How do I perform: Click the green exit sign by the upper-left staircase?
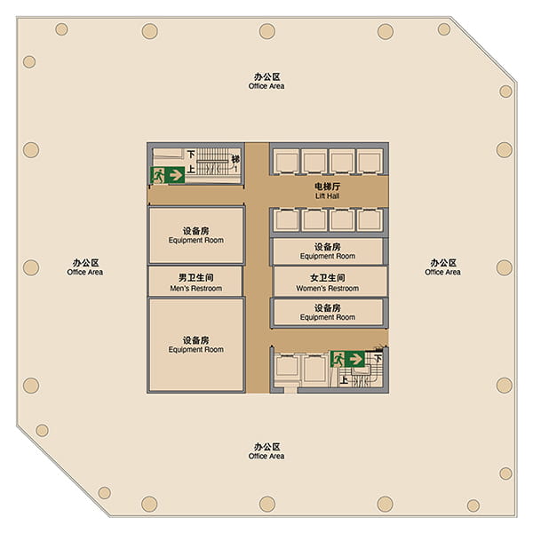click(167, 175)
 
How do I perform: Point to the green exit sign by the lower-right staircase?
click(347, 359)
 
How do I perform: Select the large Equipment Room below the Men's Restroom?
click(196, 345)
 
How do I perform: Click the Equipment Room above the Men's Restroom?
click(196, 235)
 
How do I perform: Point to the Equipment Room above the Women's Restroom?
click(328, 251)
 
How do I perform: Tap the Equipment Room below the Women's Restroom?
click(328, 313)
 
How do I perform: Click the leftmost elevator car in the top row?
click(287, 162)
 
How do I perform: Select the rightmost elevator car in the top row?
click(370, 162)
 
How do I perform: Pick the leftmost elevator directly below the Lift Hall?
click(287, 220)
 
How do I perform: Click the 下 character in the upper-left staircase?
click(191, 155)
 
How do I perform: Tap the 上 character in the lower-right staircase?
click(344, 379)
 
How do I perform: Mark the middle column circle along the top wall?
click(267, 31)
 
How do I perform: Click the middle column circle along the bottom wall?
click(267, 504)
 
